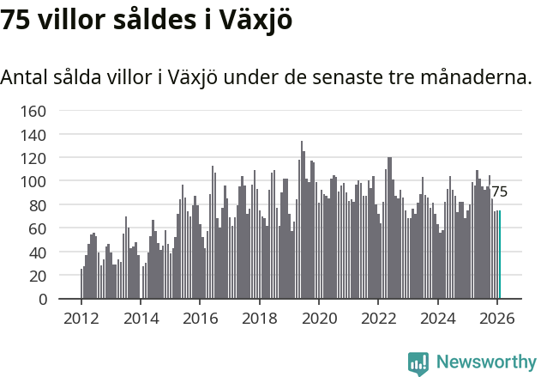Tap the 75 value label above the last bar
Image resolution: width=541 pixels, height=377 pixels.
[499, 192]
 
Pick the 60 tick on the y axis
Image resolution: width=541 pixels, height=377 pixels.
[37, 229]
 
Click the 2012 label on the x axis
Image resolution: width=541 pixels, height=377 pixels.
[81, 318]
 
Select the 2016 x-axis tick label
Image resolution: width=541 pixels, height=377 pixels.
[200, 318]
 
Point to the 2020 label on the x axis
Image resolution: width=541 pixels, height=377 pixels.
[319, 318]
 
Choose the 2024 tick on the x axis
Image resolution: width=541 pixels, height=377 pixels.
[437, 318]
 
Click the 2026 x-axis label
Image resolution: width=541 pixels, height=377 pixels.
[497, 318]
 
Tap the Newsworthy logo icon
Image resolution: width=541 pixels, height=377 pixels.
[418, 363]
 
